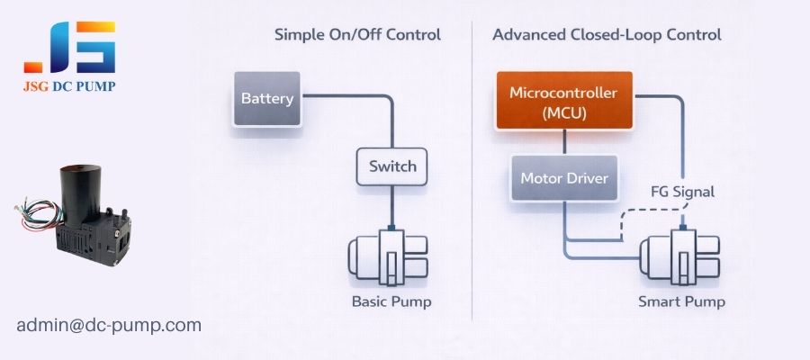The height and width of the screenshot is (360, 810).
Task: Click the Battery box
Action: (x=267, y=98)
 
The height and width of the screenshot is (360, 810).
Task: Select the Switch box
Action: (x=392, y=166)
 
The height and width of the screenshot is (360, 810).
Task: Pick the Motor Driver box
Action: (x=564, y=178)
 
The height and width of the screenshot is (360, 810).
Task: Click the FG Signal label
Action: (x=681, y=193)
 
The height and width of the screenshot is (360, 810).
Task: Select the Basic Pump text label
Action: (x=391, y=301)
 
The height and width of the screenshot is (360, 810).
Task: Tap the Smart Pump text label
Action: (x=681, y=301)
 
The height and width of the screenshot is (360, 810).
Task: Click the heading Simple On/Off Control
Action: (x=357, y=35)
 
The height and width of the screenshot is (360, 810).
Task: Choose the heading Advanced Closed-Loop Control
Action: (x=607, y=35)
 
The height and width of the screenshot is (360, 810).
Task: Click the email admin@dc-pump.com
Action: (x=109, y=325)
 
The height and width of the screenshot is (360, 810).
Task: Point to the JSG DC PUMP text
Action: (x=70, y=86)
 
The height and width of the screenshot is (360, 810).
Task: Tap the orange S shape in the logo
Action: (x=96, y=47)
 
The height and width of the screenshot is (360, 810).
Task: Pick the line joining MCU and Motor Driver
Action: (x=564, y=142)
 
